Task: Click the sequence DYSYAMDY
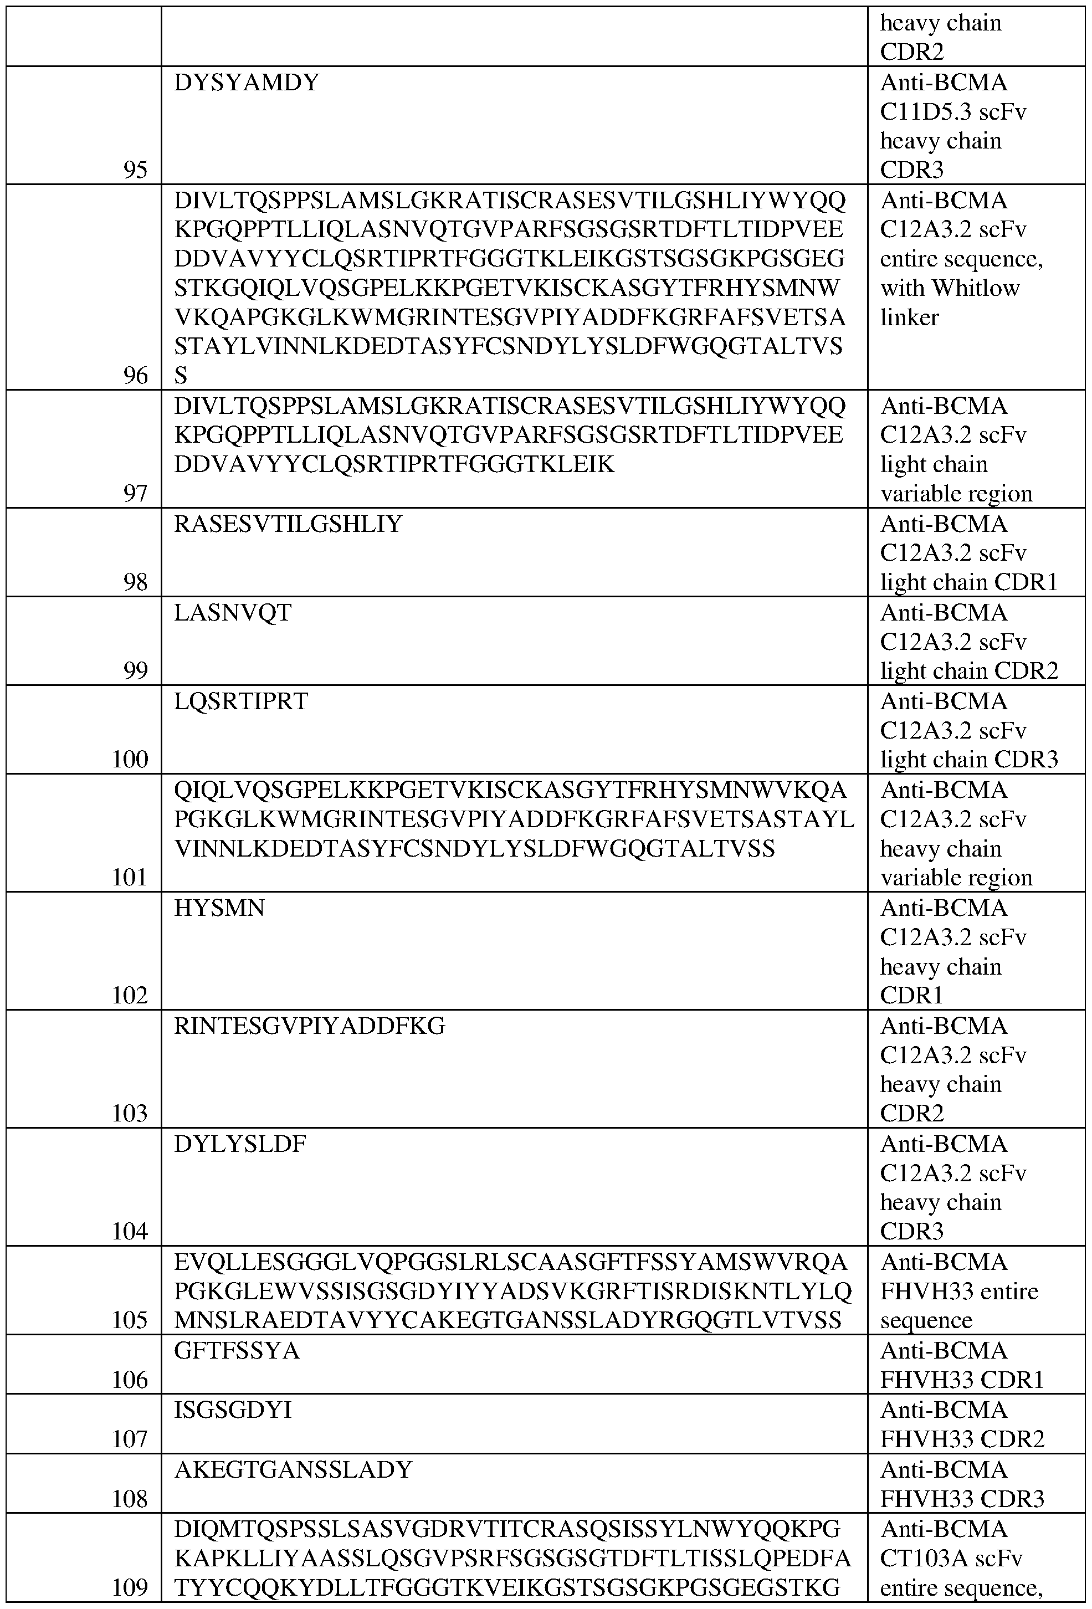[246, 83]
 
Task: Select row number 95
[135, 170]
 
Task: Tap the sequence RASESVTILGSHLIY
[288, 524]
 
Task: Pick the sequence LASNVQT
[233, 613]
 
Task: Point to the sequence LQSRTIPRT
[241, 701]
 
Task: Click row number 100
[130, 760]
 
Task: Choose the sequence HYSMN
[219, 908]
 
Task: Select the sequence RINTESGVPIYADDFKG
[310, 1026]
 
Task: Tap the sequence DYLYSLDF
[239, 1144]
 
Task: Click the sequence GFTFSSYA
[237, 1351]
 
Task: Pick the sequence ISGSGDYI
[233, 1410]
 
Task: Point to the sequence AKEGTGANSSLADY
[293, 1469]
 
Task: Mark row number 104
[130, 1232]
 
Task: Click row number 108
[130, 1498]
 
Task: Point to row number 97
[135, 494]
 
